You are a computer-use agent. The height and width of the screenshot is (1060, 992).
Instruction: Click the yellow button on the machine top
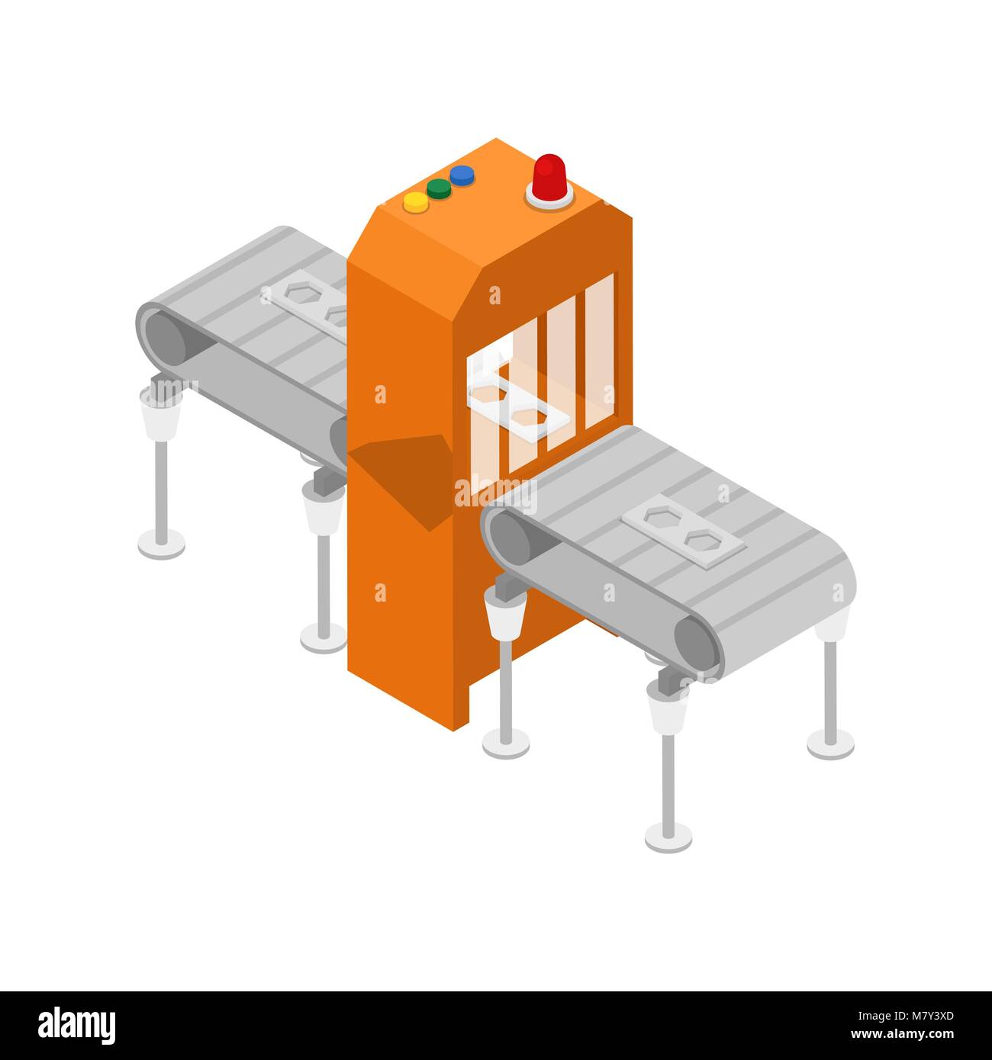click(416, 201)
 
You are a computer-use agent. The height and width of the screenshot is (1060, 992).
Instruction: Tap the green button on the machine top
click(439, 188)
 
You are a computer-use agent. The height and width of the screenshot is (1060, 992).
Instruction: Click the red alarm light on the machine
click(549, 177)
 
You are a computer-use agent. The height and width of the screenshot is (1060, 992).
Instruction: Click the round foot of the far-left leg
click(162, 544)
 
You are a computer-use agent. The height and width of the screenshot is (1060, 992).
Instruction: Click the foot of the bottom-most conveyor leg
click(668, 837)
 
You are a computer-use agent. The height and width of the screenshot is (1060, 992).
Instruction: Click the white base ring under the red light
click(549, 198)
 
